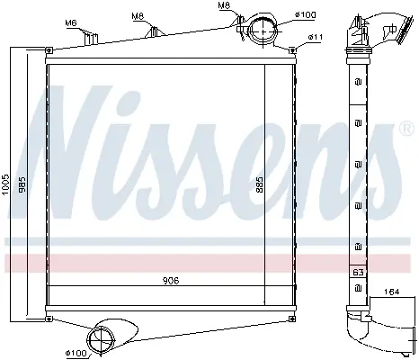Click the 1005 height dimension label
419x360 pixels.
pyautogui.click(x=5, y=184)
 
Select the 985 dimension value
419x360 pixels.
pyautogui.click(x=22, y=184)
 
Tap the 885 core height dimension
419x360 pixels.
pyautogui.click(x=260, y=184)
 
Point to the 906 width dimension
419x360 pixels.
pyautogui.click(x=171, y=281)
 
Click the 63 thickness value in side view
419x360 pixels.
pyautogui.click(x=358, y=272)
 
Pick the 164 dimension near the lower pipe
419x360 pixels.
pyautogui.click(x=391, y=292)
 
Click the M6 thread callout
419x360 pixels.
pyautogui.click(x=71, y=22)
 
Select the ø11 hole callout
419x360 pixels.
pyautogui.click(x=316, y=37)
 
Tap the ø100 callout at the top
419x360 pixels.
pyautogui.click(x=305, y=14)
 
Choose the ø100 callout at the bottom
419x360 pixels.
pyautogui.click(x=76, y=353)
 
